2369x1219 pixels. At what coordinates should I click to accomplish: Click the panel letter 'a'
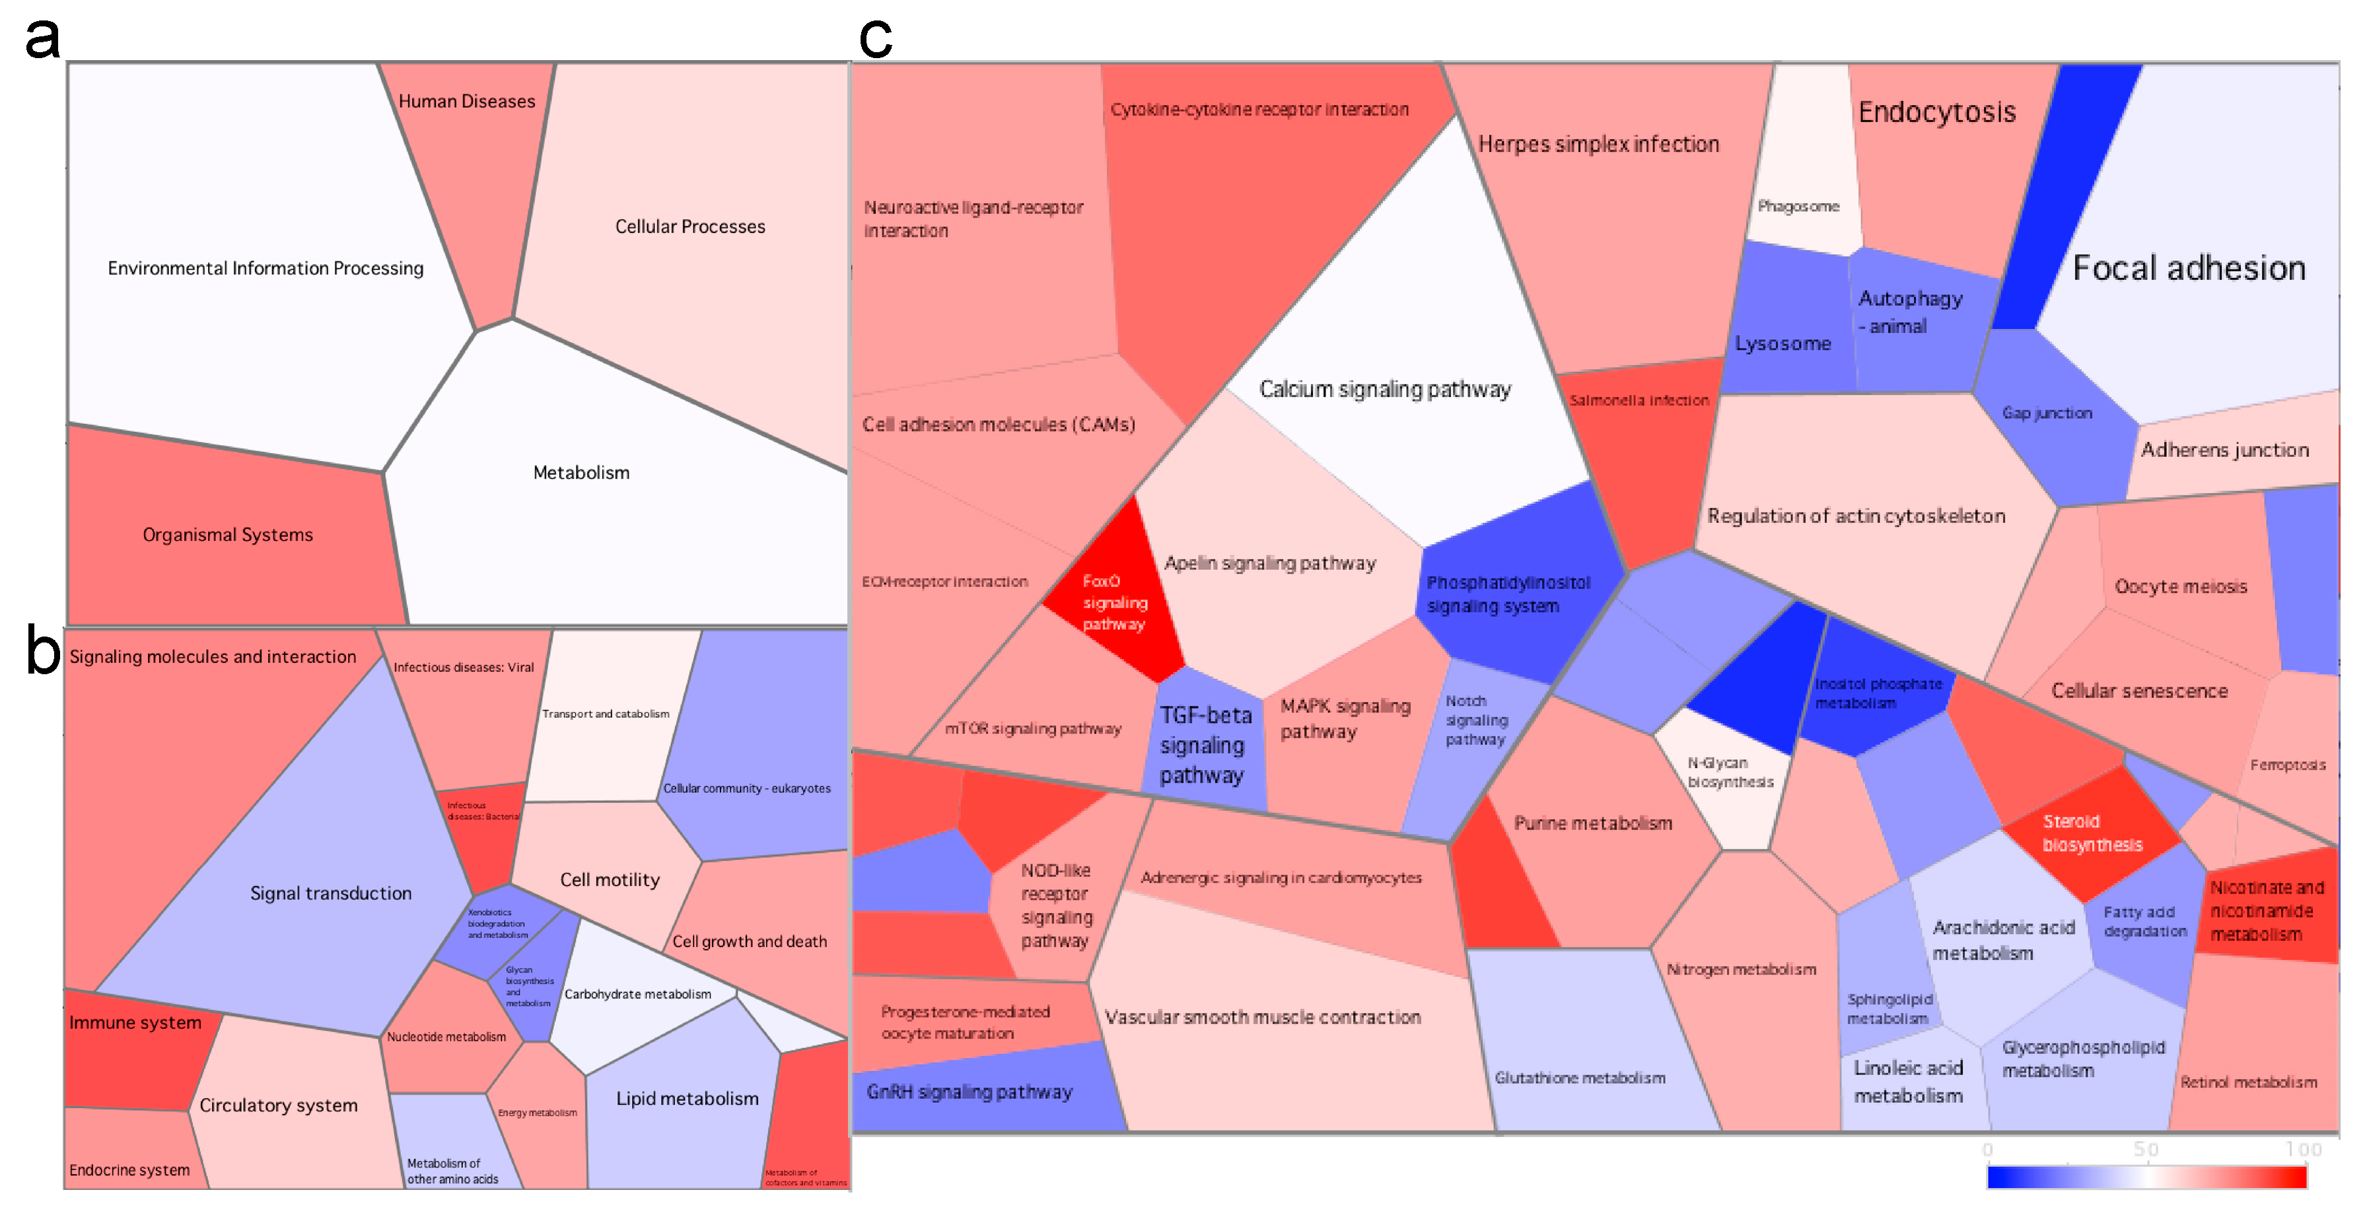tap(42, 38)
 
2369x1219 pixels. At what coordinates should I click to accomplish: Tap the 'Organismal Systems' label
tap(227, 535)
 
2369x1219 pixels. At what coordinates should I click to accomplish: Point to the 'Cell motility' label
tap(610, 880)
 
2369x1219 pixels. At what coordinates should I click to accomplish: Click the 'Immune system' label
tap(135, 1022)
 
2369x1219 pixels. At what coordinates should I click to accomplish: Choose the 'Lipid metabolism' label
tap(687, 1099)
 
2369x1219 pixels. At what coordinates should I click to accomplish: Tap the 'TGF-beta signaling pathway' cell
tap(1204, 745)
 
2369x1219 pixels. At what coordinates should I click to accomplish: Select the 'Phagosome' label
tap(1798, 206)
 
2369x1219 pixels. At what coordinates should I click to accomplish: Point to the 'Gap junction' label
tap(2047, 413)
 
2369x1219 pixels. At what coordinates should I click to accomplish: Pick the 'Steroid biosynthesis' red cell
tap(2091, 833)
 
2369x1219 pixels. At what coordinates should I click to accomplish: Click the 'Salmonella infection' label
tap(1639, 401)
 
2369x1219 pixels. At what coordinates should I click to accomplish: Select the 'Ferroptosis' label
tap(2287, 765)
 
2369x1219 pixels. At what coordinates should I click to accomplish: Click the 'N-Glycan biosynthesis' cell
tap(1730, 772)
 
